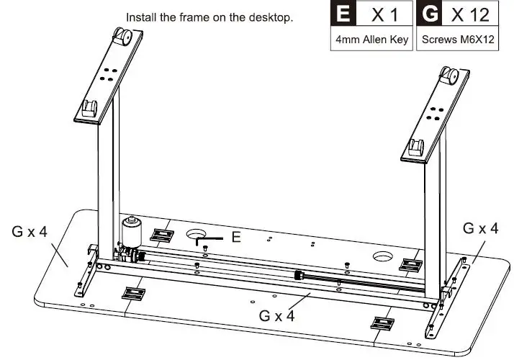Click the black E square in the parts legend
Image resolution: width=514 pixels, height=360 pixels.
pos(343,13)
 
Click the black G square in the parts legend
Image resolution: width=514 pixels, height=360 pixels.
pos(430,13)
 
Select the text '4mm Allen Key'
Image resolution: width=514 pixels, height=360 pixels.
pos(371,40)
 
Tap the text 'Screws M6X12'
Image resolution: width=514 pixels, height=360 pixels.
pos(458,40)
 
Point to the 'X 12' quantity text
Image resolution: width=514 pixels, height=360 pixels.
pos(470,14)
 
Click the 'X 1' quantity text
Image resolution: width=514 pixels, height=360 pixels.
pos(384,14)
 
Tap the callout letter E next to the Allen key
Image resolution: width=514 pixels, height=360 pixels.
pos(236,237)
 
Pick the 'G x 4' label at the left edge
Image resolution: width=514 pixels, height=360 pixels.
pos(30,231)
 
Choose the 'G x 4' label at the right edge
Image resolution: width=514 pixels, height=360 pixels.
pos(481,228)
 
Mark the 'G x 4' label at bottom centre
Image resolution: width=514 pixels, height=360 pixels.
pos(276,316)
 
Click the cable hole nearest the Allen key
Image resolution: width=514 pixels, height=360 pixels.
pos(197,234)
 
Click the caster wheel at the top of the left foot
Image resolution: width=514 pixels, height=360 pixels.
pos(122,36)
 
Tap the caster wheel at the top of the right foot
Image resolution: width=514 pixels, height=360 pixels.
pos(448,76)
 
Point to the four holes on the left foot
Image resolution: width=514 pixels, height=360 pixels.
pos(108,74)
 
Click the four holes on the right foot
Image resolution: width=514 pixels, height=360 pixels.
pos(435,114)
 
